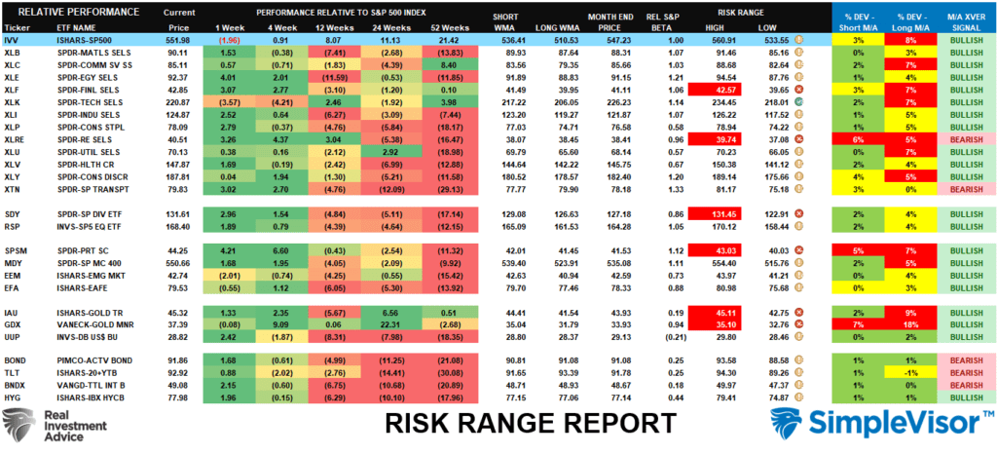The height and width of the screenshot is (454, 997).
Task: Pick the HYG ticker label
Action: click(x=14, y=398)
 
